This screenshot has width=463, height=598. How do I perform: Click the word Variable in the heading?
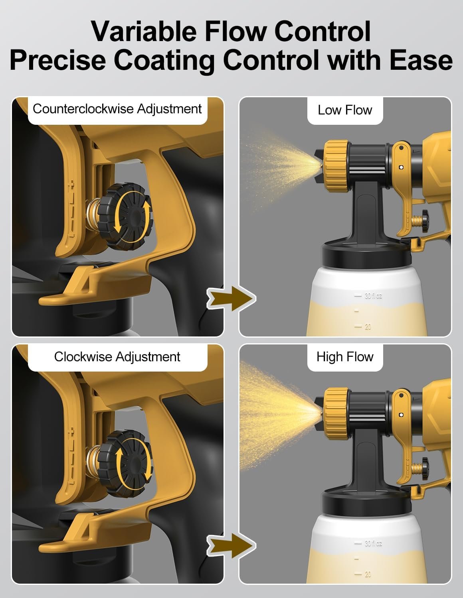coord(144,31)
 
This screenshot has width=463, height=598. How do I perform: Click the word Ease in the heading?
coord(421,61)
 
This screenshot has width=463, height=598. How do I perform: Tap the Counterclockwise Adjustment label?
coord(117,109)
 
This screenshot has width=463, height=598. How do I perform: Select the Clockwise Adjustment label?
coord(117,357)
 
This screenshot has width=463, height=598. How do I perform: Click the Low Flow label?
coord(345,110)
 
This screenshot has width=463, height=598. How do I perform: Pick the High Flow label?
coord(345,357)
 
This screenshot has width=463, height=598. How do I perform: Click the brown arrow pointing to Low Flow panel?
coord(231,299)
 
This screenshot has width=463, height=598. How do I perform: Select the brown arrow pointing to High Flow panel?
coord(231,546)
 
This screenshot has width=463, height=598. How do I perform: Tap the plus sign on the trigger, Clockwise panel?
coord(71,430)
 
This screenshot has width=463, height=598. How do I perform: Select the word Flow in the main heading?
coord(235,31)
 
